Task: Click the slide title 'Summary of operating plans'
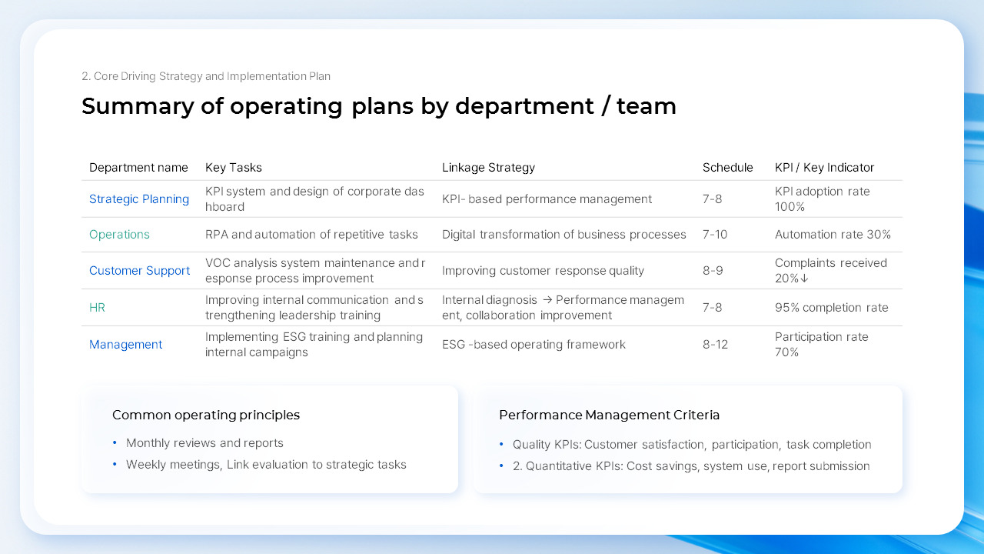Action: [x=378, y=106]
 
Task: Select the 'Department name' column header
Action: [x=138, y=168]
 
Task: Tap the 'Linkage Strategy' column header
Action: [x=488, y=168]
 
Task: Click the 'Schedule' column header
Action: [x=727, y=168]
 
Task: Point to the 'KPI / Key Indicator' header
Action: [x=824, y=168]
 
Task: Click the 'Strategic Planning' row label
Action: [x=139, y=199]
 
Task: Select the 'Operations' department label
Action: [x=119, y=235]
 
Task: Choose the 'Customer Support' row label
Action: [x=139, y=271]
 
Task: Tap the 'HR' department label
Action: [x=97, y=308]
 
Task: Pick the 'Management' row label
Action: [x=125, y=345]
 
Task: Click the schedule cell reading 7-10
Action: [x=715, y=235]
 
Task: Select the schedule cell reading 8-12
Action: [x=715, y=345]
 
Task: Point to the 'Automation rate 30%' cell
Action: [x=833, y=235]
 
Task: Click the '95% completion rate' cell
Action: [x=831, y=308]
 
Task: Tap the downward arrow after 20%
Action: [x=804, y=279]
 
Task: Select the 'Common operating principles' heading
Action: [x=206, y=415]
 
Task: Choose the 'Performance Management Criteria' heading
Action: [x=609, y=415]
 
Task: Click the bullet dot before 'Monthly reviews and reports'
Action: [x=115, y=443]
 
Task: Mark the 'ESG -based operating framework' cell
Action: [x=534, y=345]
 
